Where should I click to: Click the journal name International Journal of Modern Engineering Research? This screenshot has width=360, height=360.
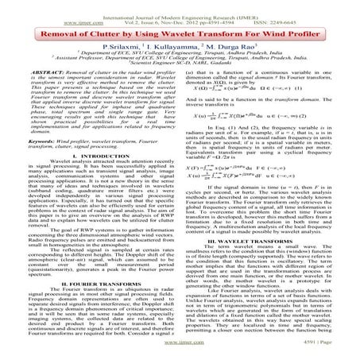point(180,6)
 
